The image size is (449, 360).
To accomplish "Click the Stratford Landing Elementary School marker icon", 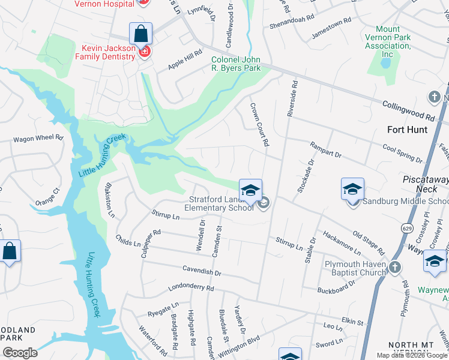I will tap(250, 191).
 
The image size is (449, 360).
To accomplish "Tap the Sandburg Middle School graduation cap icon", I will tap(352, 189).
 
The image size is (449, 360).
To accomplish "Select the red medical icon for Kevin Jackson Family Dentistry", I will tap(144, 52).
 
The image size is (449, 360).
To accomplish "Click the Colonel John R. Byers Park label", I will tap(236, 64).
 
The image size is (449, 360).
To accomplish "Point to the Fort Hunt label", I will tap(408, 130).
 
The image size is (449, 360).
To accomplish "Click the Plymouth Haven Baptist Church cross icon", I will tap(394, 267).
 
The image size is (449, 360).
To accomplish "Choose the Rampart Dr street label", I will tap(325, 150).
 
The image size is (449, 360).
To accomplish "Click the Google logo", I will tap(19, 353).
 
